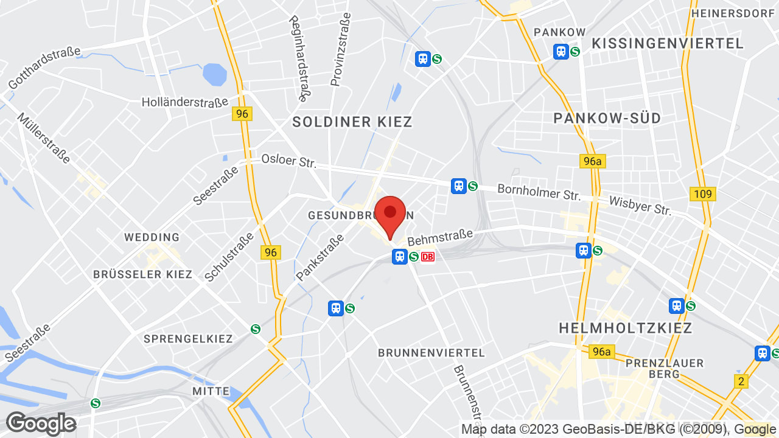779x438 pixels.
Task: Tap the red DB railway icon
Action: coord(428,257)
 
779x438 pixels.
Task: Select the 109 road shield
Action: coord(703,194)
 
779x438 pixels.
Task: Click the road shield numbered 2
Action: coord(741,381)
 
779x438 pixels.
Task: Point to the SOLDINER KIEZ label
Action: coord(352,122)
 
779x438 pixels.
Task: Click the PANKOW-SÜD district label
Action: coord(607,118)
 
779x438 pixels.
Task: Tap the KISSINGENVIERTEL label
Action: coord(668,43)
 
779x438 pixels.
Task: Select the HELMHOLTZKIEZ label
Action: coord(626,328)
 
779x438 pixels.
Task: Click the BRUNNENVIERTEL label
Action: coord(431,353)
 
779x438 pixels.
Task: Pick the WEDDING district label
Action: coord(152,237)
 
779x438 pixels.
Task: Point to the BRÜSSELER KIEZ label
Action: coord(142,274)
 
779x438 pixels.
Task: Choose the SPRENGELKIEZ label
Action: coord(188,339)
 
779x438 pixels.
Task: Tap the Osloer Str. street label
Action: coord(288,161)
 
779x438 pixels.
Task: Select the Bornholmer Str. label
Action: coord(539,193)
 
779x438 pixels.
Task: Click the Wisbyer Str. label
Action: coord(640,206)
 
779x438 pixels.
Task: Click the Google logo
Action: coord(41,423)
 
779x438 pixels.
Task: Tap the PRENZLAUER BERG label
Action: coord(665,369)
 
